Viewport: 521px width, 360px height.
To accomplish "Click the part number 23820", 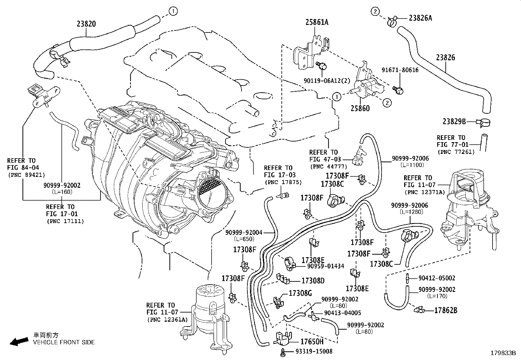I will pos(86,24).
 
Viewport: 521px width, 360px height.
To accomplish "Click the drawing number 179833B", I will pos(503,353).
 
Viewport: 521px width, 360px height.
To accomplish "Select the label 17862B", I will pos(445,310).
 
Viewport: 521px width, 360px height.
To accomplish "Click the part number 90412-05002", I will pos(437,278).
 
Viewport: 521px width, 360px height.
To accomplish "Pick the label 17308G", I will pos(300,293).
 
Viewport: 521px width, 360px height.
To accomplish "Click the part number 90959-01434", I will pos(325,266).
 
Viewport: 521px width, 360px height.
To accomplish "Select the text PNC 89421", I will pos(26,175).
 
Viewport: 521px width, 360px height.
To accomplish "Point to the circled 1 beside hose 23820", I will pos(173,11).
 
